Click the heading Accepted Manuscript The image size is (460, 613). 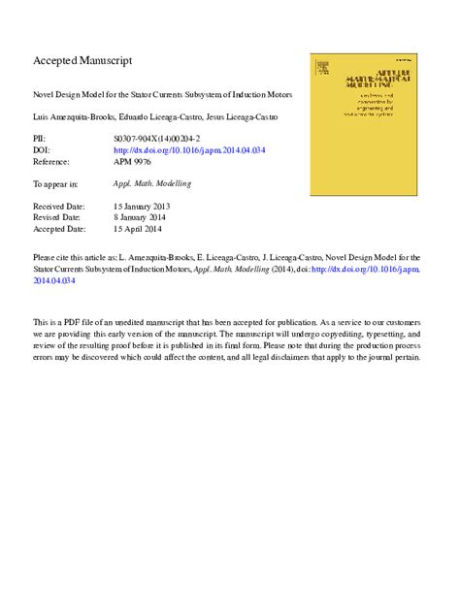(82, 60)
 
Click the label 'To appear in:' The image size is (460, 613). (58, 182)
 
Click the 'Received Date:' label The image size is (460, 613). (60, 207)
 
